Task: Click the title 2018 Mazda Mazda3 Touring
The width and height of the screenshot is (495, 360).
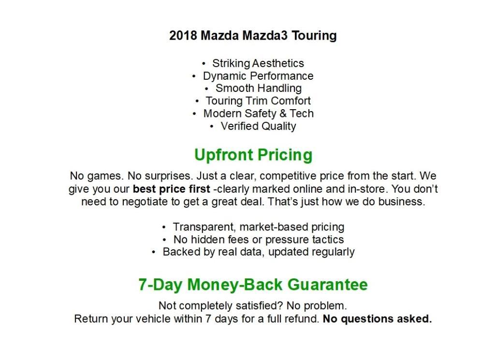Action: [253, 36]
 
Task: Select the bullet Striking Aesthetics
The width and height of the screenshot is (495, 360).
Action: [258, 63]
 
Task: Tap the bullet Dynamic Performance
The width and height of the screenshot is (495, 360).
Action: [258, 76]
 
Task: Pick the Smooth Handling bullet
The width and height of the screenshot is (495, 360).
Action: [258, 88]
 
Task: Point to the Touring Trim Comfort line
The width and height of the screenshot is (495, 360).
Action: [258, 101]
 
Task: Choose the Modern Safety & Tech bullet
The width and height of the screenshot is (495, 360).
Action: [258, 114]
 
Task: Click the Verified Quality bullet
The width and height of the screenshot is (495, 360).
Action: [258, 126]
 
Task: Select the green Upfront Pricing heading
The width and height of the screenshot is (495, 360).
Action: [253, 155]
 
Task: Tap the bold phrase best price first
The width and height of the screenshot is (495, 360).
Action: [172, 189]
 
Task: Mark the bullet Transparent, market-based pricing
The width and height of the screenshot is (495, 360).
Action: [258, 227]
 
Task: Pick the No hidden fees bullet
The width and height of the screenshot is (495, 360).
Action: [258, 240]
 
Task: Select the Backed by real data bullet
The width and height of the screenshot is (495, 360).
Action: [258, 252]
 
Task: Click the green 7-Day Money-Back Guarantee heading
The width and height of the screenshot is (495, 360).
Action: [253, 285]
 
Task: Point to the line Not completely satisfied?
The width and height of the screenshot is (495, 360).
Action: [252, 306]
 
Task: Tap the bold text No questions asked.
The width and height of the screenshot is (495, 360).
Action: [377, 319]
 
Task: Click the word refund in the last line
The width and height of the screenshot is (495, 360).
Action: [304, 319]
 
